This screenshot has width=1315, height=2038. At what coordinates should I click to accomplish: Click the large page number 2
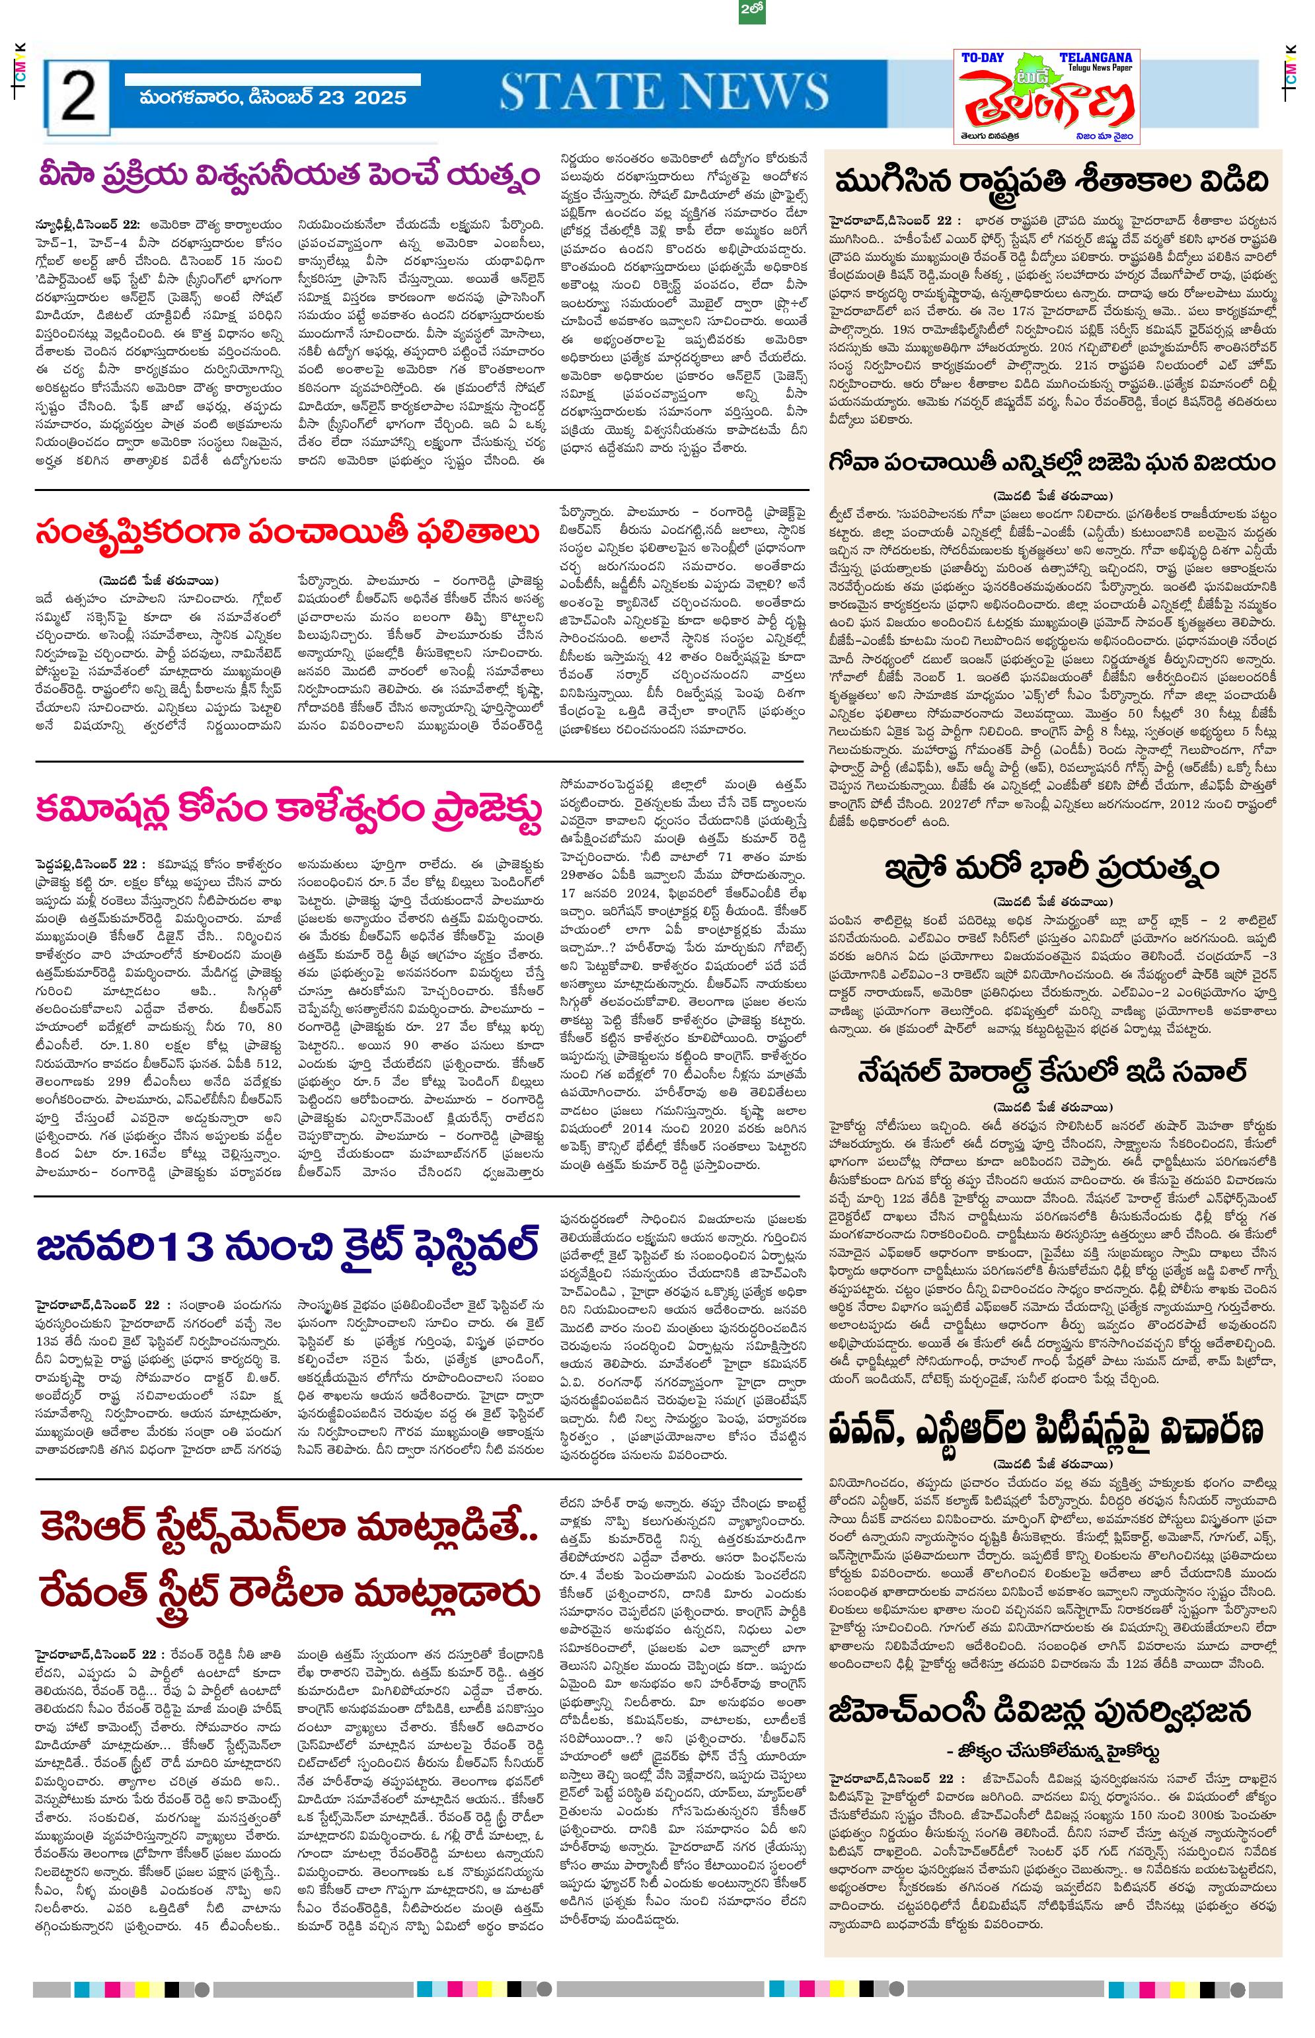point(78,96)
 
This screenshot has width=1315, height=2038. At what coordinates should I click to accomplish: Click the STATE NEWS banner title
point(663,91)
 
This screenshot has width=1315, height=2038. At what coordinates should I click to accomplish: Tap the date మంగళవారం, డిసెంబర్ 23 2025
point(274,97)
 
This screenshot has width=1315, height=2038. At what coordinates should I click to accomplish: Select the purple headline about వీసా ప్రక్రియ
point(289,175)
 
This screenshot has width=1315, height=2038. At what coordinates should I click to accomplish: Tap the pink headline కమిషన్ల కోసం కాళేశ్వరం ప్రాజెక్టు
point(289,808)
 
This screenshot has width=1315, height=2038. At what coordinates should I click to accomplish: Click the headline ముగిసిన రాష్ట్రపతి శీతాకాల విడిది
point(1052,182)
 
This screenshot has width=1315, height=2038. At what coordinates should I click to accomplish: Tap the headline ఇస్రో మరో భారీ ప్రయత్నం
point(1052,868)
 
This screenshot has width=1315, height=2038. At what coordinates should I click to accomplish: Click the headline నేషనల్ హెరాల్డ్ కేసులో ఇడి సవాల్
point(1052,1071)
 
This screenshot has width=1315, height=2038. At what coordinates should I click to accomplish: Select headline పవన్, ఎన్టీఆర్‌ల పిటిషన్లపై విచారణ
point(1052,1429)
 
